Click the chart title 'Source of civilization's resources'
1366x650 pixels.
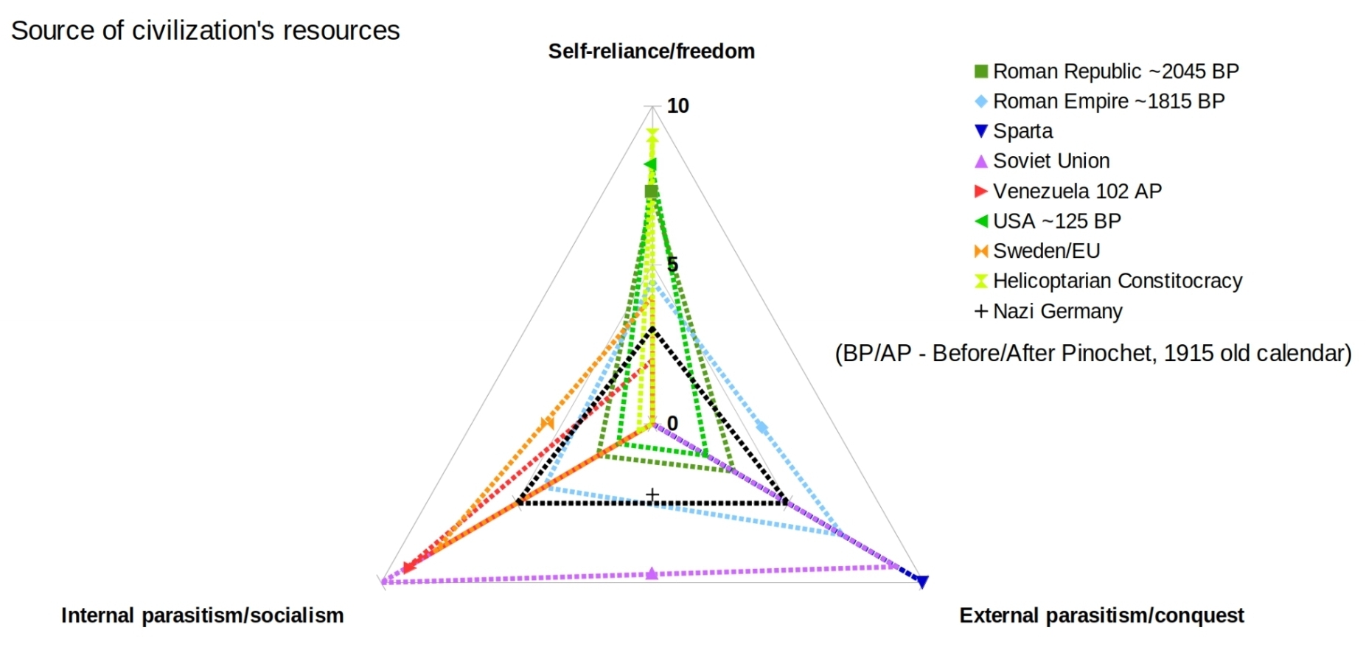tap(205, 31)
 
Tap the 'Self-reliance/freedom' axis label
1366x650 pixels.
tap(651, 52)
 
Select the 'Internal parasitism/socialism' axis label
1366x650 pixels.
tap(202, 615)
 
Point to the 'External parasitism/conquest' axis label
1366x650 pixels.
tap(1101, 615)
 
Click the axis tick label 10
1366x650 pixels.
tap(677, 106)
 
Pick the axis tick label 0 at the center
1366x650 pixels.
tap(672, 423)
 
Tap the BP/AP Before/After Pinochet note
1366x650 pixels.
tap(1093, 354)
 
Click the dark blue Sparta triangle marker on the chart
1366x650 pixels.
tap(921, 581)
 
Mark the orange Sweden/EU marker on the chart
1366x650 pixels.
tap(546, 423)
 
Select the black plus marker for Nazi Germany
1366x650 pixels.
tap(652, 494)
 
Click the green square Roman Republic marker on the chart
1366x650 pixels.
tap(651, 192)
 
